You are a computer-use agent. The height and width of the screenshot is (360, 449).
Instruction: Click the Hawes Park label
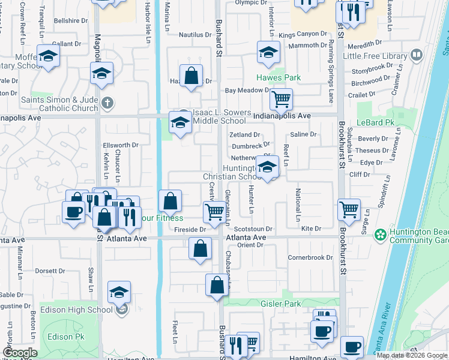279,78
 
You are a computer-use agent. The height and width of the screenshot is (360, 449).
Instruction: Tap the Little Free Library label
375,56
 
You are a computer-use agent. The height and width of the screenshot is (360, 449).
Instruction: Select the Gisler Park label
280,304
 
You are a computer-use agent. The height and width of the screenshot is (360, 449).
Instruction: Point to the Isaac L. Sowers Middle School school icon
179,122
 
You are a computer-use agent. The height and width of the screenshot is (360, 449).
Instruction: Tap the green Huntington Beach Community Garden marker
379,234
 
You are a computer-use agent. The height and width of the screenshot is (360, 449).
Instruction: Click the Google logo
20,353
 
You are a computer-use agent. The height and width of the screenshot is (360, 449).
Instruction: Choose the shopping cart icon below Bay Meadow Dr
281,98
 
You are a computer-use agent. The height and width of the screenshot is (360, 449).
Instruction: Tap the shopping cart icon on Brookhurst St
349,209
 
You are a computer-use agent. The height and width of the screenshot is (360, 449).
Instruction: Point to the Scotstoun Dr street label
253,229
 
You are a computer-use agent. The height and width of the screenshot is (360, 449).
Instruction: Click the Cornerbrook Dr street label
310,257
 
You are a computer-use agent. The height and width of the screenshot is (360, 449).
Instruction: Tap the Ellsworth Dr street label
121,145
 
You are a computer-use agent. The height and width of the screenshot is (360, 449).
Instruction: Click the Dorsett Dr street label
50,271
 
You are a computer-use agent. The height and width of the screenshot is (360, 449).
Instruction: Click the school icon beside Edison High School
119,293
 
